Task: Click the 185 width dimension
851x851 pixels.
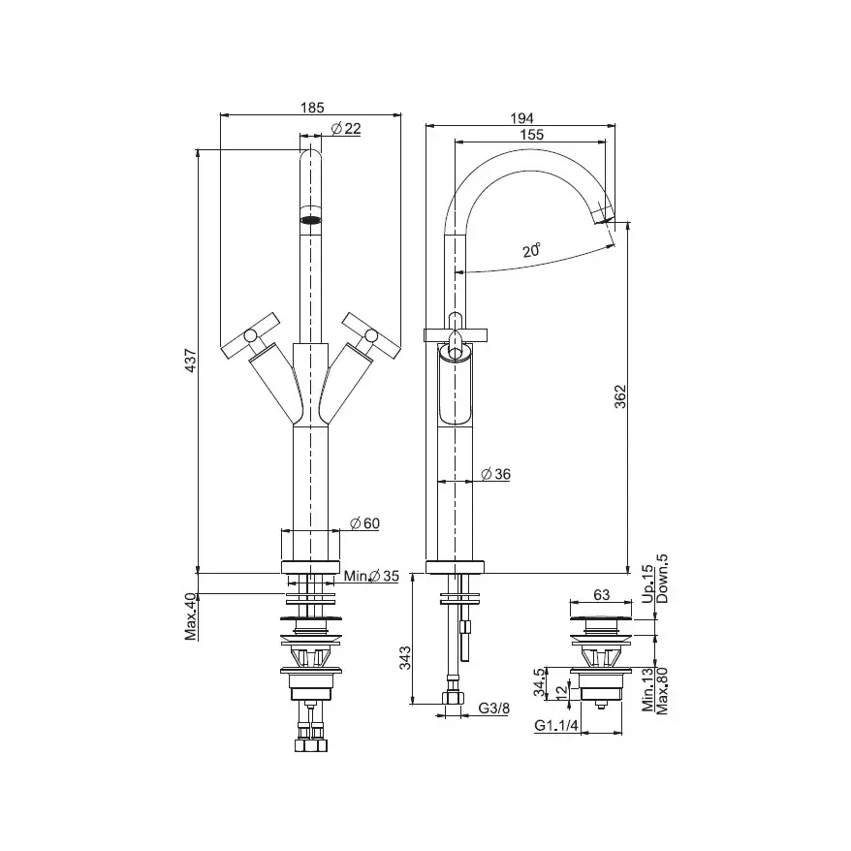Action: point(312,108)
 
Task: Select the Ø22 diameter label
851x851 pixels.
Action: point(346,129)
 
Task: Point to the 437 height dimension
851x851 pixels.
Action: point(191,361)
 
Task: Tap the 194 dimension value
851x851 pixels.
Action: point(521,118)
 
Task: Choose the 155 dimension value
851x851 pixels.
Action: point(531,135)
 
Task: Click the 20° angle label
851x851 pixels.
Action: point(532,250)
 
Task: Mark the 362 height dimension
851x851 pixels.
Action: point(619,396)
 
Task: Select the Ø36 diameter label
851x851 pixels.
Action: point(496,474)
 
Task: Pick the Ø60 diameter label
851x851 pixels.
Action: point(364,523)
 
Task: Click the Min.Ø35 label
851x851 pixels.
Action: point(372,576)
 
